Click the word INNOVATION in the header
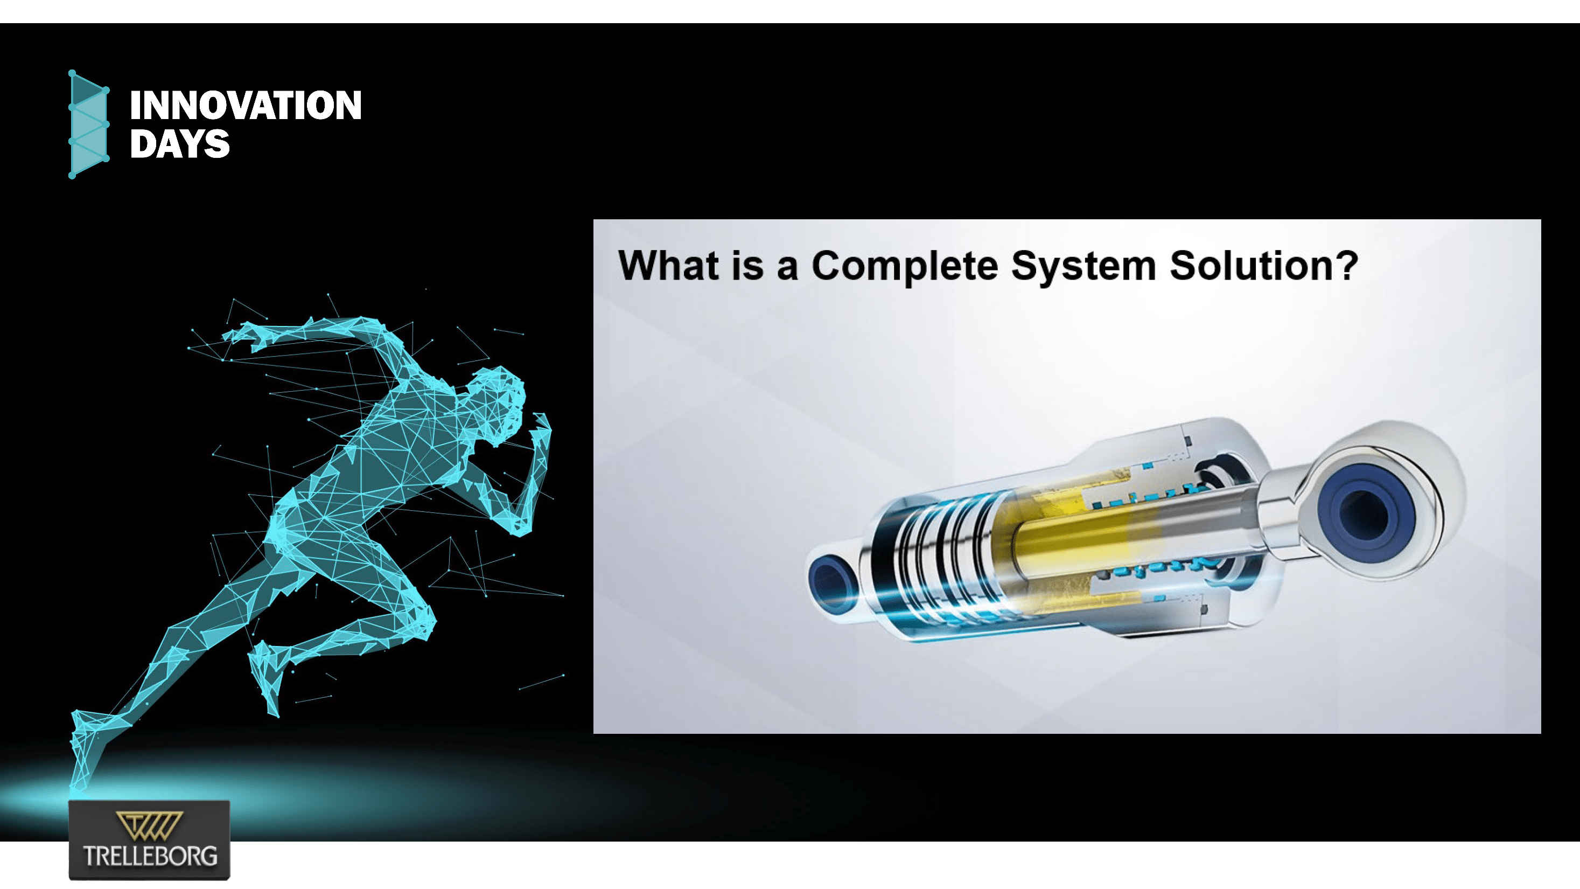tap(246, 105)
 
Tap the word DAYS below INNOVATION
tap(179, 144)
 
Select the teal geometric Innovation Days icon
tap(88, 124)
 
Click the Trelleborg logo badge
tap(149, 839)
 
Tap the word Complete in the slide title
tap(905, 266)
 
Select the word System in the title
tap(1083, 266)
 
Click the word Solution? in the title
tap(1263, 266)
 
